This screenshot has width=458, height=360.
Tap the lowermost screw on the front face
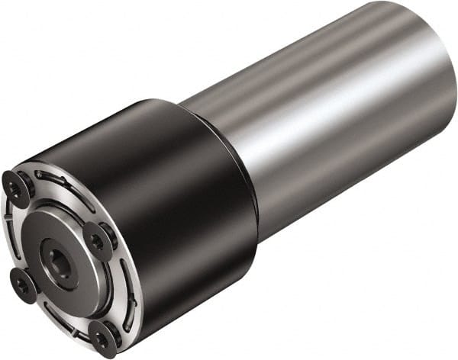coord(102,336)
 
